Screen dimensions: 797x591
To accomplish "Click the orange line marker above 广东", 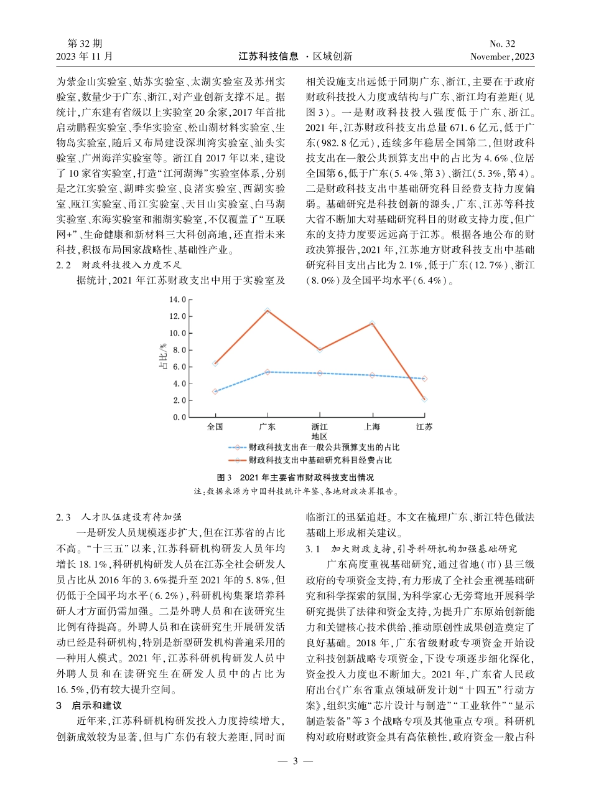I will (x=268, y=310).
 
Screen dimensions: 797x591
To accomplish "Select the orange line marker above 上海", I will (x=372, y=324).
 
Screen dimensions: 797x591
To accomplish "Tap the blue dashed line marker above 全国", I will (x=215, y=392).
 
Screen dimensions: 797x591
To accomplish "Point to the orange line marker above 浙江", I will (x=320, y=350).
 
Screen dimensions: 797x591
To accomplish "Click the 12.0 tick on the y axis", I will (x=178, y=316).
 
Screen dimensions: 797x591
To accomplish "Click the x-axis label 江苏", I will (x=424, y=427).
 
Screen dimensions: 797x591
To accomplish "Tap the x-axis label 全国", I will (x=215, y=427).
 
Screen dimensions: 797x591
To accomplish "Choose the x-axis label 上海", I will (x=372, y=427).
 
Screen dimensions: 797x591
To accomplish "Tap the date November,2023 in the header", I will (x=503, y=56).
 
